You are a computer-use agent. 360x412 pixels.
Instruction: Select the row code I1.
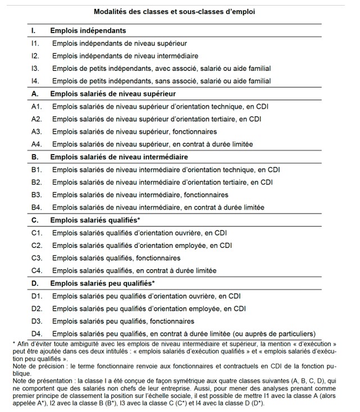pyautogui.click(x=35, y=43)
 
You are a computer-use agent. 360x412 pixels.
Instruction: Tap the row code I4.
pyautogui.click(x=35, y=81)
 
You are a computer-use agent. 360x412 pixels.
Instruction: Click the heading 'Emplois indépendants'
pyautogui.click(x=88, y=30)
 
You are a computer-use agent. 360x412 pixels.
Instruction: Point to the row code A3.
pyautogui.click(x=37, y=132)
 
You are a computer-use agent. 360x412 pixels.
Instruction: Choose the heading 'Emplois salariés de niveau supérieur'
pyautogui.click(x=113, y=93)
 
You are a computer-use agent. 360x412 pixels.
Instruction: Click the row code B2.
pyautogui.click(x=37, y=182)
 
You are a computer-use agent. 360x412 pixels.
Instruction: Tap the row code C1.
pyautogui.click(x=37, y=233)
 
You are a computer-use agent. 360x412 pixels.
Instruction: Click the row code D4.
pyautogui.click(x=37, y=334)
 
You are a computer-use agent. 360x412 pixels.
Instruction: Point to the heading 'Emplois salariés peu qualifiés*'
pyautogui.click(x=102, y=283)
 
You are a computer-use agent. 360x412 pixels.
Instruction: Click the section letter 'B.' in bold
pyautogui.click(x=35, y=156)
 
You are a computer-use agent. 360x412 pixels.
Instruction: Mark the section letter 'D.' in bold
pyautogui.click(x=35, y=283)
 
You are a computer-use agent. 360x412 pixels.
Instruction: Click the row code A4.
pyautogui.click(x=37, y=144)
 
